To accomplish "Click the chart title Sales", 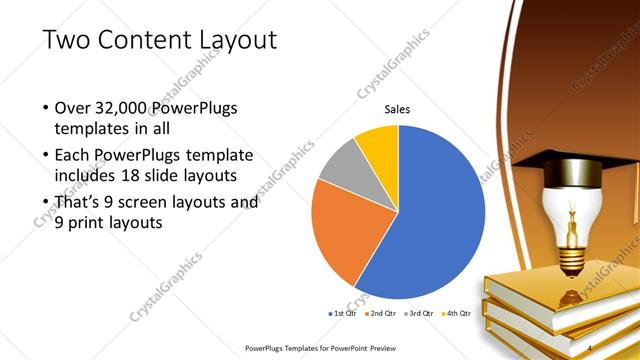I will (397, 110).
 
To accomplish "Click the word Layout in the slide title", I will (232, 40).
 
